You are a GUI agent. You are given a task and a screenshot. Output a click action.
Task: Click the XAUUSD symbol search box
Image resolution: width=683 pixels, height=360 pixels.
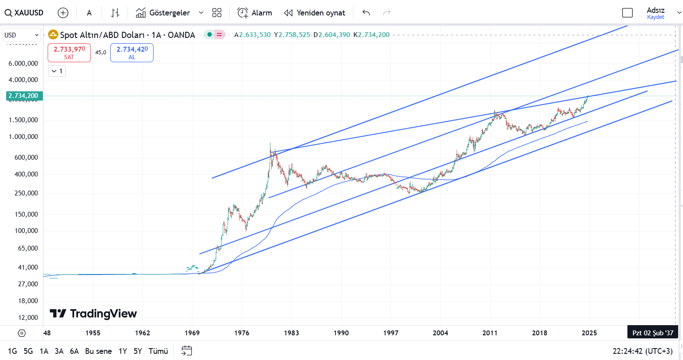point(25,13)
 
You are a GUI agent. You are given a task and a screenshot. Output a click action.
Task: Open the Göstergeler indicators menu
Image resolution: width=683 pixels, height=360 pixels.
point(169,13)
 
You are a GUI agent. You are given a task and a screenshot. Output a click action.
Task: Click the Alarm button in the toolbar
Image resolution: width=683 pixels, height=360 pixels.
point(255,13)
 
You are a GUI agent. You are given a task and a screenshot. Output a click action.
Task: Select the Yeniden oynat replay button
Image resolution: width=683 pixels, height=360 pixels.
point(315,13)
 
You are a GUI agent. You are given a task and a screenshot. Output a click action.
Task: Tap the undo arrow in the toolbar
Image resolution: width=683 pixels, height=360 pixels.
point(366,13)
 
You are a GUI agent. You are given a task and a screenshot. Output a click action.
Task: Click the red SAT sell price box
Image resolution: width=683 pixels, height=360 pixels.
point(69,52)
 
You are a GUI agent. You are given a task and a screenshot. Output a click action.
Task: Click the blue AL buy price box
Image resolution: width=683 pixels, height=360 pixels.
point(132,52)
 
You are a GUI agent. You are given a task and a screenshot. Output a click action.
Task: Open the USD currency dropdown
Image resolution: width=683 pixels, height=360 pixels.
point(22,35)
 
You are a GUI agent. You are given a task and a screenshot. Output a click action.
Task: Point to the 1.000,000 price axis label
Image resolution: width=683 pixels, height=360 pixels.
point(23,137)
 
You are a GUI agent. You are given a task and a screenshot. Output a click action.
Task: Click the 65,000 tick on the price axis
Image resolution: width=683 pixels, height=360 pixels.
point(27,248)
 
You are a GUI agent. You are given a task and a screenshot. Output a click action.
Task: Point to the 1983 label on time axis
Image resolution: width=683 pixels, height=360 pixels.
point(291,333)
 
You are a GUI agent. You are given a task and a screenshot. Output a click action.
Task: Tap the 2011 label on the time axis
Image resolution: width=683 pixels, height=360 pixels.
point(490,333)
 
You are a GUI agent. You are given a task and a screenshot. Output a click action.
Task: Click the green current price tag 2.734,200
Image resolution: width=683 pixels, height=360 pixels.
point(24,96)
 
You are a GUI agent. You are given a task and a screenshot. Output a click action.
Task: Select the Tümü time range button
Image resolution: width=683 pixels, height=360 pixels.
point(158,351)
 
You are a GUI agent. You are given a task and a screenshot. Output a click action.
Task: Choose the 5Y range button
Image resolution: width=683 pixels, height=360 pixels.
point(138,351)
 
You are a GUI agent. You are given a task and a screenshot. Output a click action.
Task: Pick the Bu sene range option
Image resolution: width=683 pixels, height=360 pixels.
point(98,351)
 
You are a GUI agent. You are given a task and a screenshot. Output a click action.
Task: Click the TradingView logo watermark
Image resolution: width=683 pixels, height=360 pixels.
point(94,314)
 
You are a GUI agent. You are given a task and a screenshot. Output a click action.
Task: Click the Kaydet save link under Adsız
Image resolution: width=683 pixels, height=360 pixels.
point(655,17)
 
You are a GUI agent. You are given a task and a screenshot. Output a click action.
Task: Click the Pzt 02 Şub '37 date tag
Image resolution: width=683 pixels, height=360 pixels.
point(653,333)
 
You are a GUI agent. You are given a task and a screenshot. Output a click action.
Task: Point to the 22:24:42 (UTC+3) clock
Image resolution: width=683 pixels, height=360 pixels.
point(642,351)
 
